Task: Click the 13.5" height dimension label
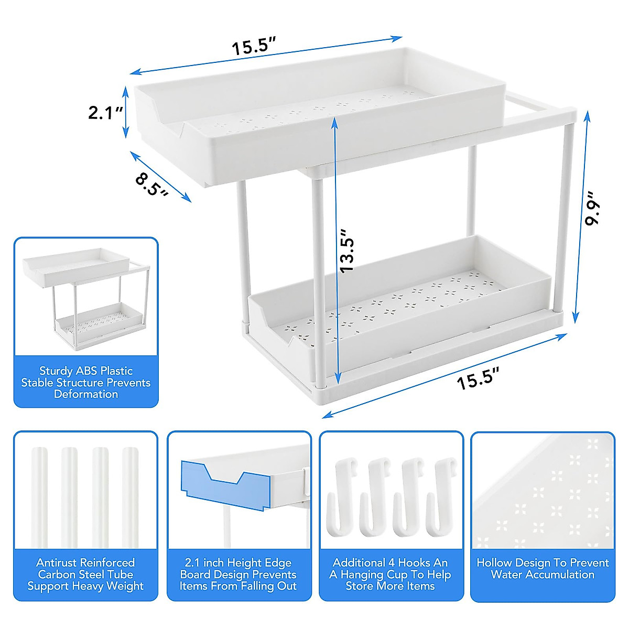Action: (347, 250)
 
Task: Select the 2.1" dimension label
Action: (105, 112)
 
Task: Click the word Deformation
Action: (86, 394)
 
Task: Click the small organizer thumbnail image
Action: (86, 297)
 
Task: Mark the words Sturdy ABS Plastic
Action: (86, 371)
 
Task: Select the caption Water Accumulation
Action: (543, 574)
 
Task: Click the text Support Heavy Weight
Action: (85, 586)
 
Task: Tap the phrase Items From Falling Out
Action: (238, 586)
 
